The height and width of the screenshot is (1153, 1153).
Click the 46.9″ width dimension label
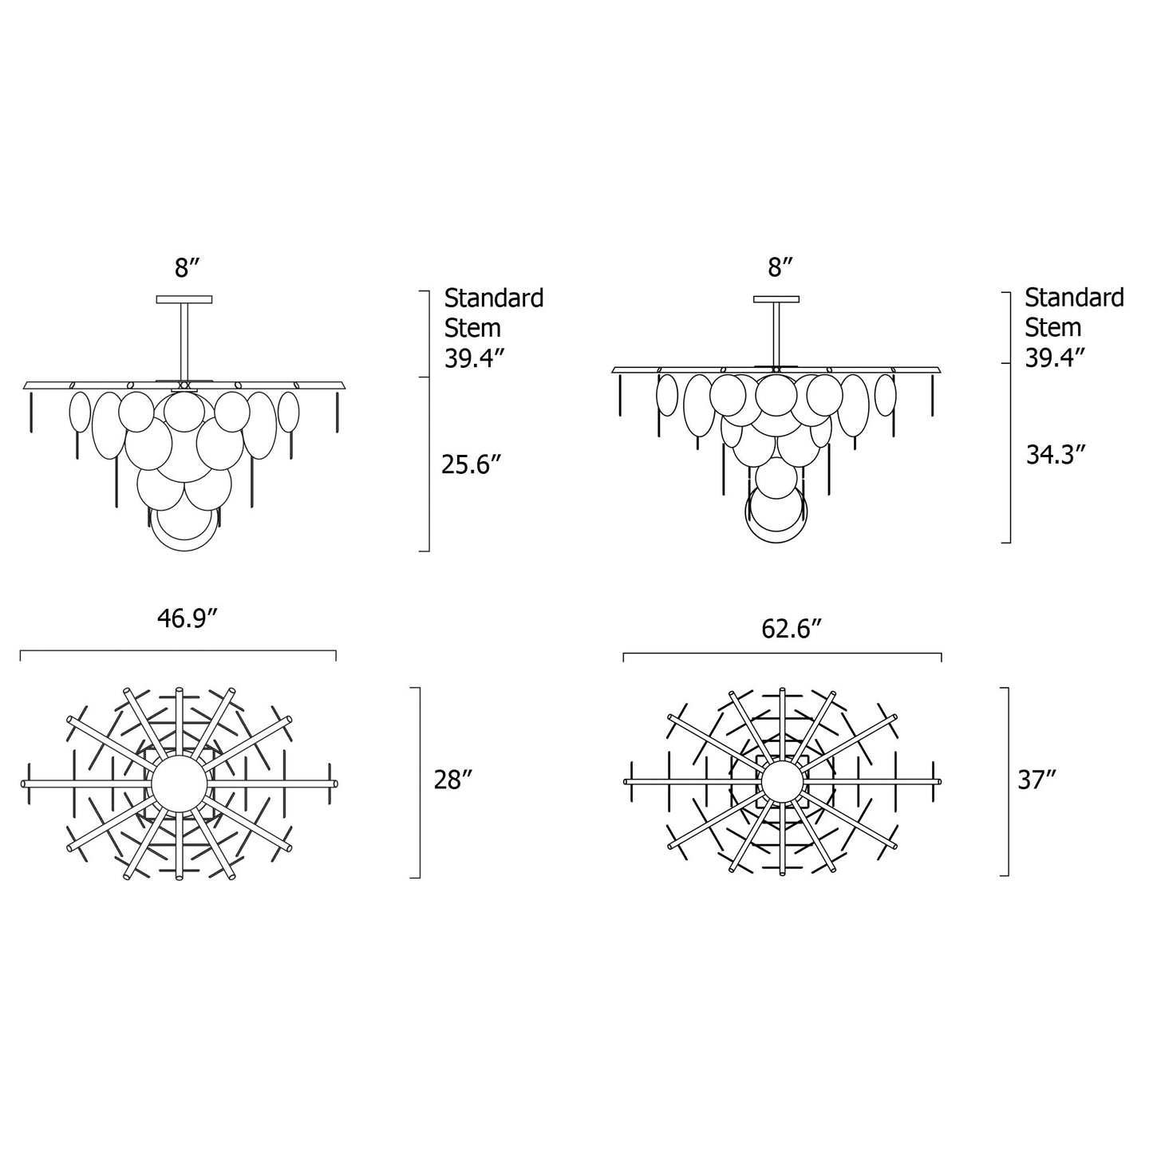[185, 619]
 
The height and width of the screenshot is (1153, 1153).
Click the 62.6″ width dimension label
[791, 629]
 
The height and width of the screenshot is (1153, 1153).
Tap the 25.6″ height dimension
[470, 464]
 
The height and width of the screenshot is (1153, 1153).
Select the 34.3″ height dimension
[1056, 455]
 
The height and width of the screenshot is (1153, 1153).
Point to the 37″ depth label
[1037, 780]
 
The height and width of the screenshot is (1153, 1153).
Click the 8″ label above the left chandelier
[186, 268]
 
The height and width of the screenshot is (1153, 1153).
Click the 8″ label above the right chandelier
[780, 267]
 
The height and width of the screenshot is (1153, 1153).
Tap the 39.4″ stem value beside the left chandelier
[475, 358]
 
